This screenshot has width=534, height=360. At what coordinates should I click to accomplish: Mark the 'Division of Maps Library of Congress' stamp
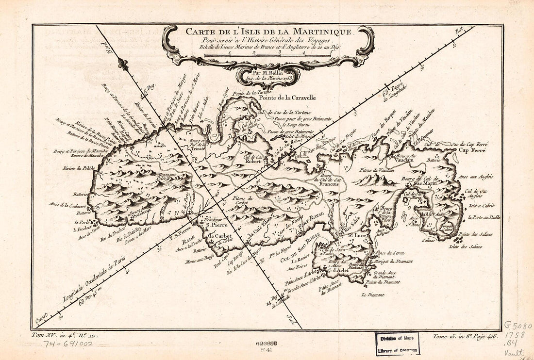point(397,344)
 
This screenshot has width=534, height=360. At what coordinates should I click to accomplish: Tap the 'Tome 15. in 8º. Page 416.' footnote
point(465,335)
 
